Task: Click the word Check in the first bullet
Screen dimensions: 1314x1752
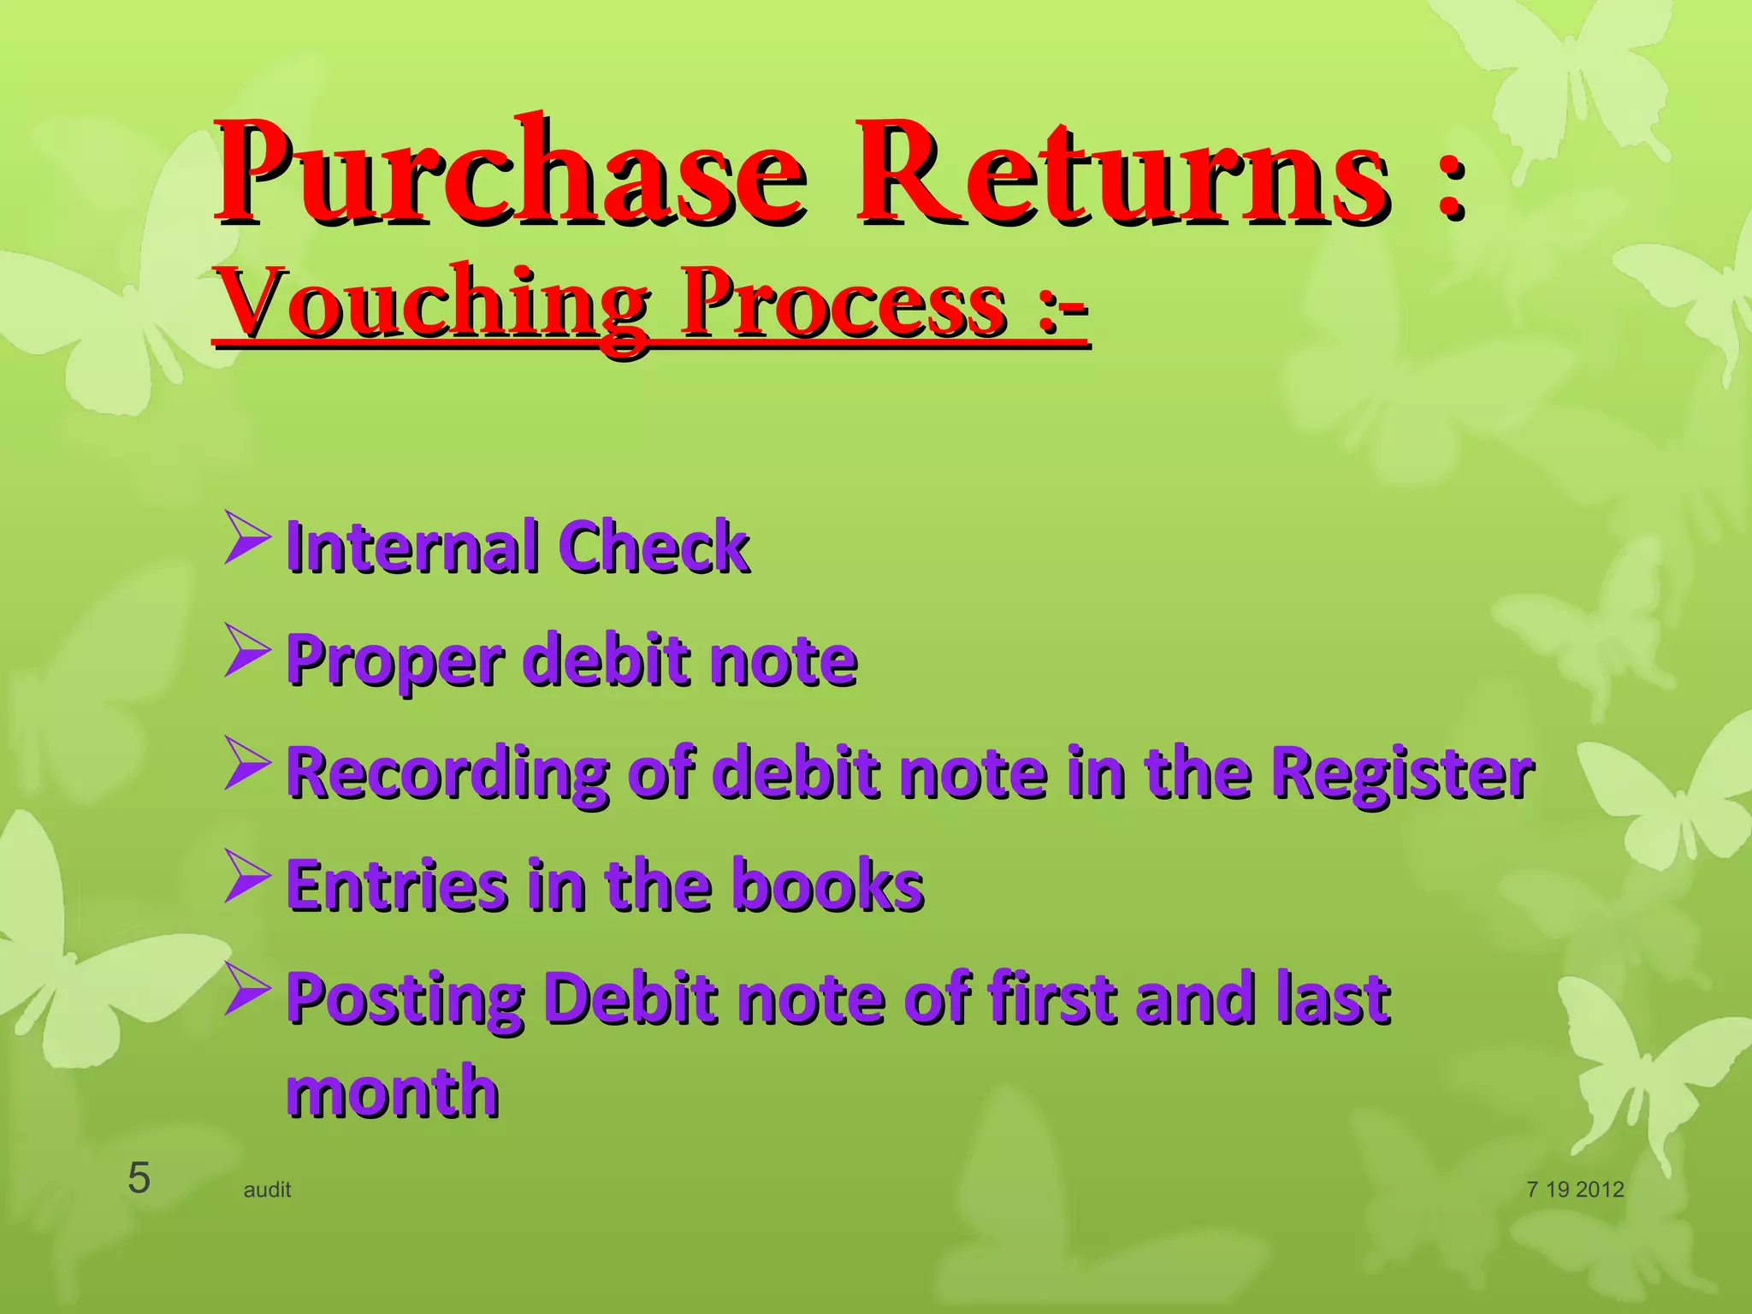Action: [654, 547]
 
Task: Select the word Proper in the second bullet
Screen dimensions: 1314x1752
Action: [394, 661]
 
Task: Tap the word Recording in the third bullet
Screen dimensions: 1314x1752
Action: [447, 773]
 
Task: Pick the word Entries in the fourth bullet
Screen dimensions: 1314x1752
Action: [395, 885]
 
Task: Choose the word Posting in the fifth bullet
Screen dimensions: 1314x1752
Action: [405, 999]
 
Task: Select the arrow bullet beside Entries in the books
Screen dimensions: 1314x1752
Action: [247, 876]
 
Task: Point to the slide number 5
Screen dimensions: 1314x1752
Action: [139, 1179]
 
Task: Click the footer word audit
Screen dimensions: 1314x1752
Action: [267, 1190]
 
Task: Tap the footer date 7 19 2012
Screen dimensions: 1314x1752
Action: [1575, 1190]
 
